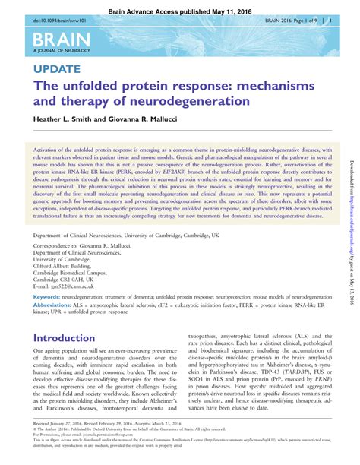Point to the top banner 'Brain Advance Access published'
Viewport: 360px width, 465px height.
click(180, 5)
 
